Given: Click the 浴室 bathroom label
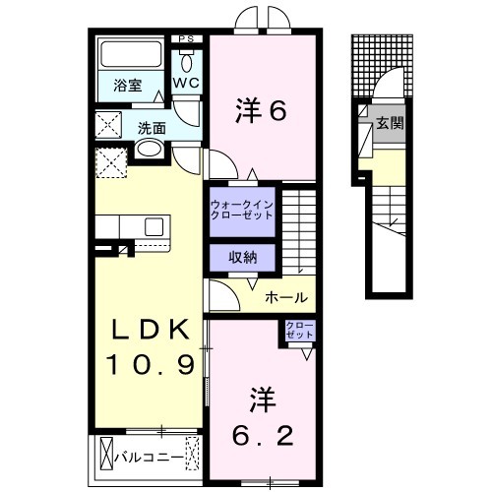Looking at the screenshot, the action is (x=128, y=86).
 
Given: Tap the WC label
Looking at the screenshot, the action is (x=186, y=83).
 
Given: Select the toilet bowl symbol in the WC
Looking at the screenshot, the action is (x=187, y=63).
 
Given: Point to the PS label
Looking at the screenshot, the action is (x=186, y=39).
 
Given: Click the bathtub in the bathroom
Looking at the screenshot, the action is (x=131, y=54).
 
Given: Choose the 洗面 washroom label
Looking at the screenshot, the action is (x=152, y=128).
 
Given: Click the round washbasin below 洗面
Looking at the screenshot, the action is (x=150, y=150).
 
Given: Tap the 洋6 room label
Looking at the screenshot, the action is (x=261, y=110).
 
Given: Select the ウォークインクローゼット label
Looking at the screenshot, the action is (x=242, y=211).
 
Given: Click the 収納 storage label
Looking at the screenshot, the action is (x=243, y=258).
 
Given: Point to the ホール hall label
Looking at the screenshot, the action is (x=286, y=297).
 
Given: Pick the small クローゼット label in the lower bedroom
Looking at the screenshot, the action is (x=299, y=331).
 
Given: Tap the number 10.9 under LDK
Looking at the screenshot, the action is (x=152, y=365).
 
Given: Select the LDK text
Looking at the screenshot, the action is (x=152, y=329).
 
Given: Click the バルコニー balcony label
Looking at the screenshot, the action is (x=149, y=458).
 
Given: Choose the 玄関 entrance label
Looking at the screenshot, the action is (x=390, y=123).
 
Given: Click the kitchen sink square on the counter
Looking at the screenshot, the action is (x=154, y=227).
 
